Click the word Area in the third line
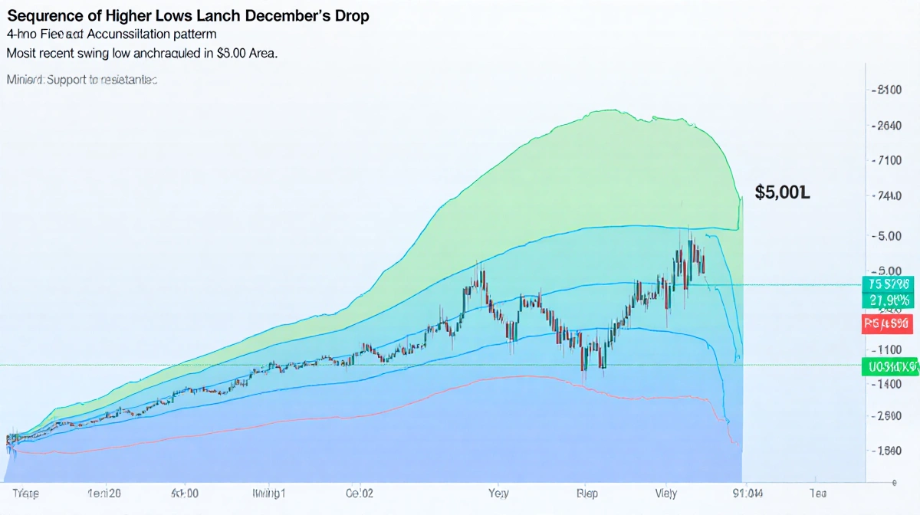click(258, 54)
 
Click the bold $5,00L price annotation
click(782, 192)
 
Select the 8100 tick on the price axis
click(888, 90)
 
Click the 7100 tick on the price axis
click(888, 161)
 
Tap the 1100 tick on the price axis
click(888, 349)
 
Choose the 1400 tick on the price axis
click(888, 384)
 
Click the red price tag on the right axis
click(886, 323)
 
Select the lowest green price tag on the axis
click(889, 366)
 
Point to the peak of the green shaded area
click(606, 110)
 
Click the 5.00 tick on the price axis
click(888, 236)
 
